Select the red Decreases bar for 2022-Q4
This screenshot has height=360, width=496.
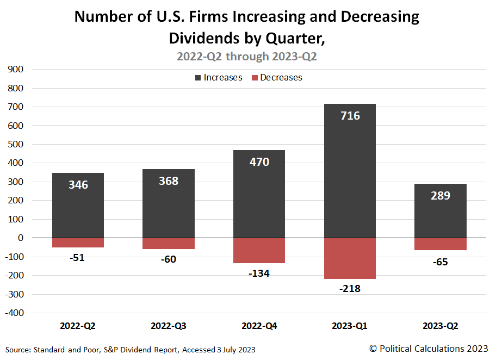259,250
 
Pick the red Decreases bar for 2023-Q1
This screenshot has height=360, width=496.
350,258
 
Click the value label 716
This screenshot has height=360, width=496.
350,115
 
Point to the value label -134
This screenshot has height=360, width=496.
259,273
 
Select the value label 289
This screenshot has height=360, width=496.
440,195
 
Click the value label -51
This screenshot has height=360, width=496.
78,257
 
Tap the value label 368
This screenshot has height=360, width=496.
169,181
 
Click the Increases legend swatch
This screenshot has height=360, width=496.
197,78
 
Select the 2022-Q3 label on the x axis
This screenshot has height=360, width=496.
169,326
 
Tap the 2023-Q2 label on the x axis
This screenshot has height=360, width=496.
440,326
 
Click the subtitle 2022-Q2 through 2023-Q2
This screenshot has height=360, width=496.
247,56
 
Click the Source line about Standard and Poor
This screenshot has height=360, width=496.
131,349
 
